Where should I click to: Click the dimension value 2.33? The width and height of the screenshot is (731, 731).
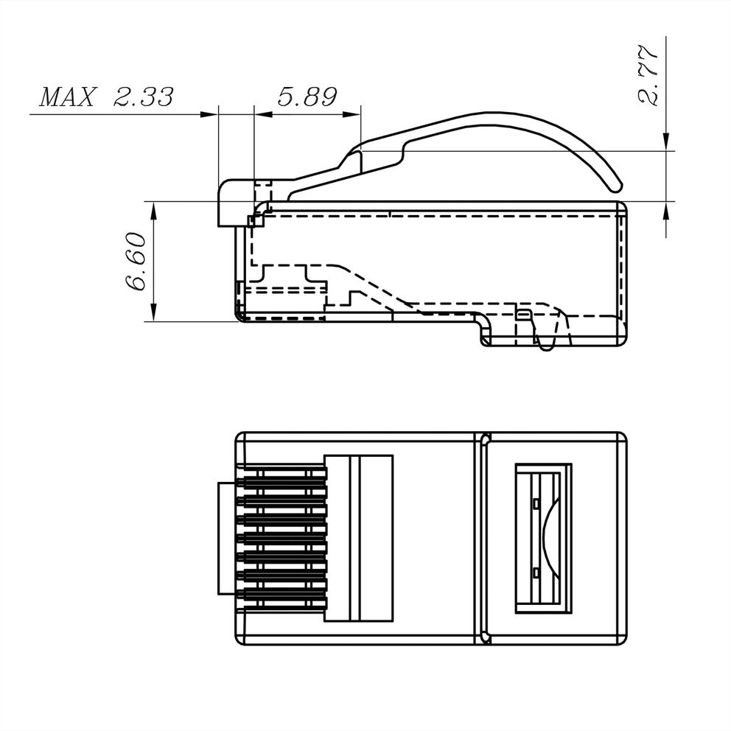click(144, 97)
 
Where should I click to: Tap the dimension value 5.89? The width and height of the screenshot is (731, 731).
click(307, 97)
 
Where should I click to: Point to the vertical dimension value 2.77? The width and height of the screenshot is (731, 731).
click(648, 74)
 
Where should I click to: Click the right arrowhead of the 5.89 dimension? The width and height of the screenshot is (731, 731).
click(352, 114)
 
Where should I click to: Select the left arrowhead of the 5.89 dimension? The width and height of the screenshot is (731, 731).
click(263, 114)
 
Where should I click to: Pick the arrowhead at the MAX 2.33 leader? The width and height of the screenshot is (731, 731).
click(209, 114)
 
